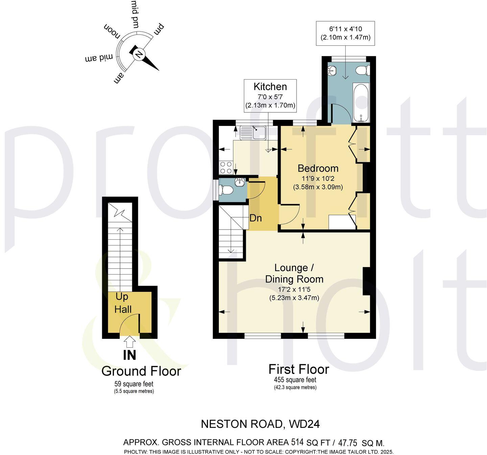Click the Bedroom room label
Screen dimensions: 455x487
318,168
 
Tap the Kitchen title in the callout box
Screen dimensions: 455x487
270,87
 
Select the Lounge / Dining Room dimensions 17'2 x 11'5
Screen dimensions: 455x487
294,289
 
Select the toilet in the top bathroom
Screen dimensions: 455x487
363,70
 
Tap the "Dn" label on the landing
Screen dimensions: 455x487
255,218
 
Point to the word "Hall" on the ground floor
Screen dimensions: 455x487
122,309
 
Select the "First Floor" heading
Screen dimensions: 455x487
298,369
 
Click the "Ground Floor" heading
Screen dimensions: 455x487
141,371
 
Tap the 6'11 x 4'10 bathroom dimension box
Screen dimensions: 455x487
345,33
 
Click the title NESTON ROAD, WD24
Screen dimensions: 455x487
260,424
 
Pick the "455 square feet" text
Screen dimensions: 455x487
295,380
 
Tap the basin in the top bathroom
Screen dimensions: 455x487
332,71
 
